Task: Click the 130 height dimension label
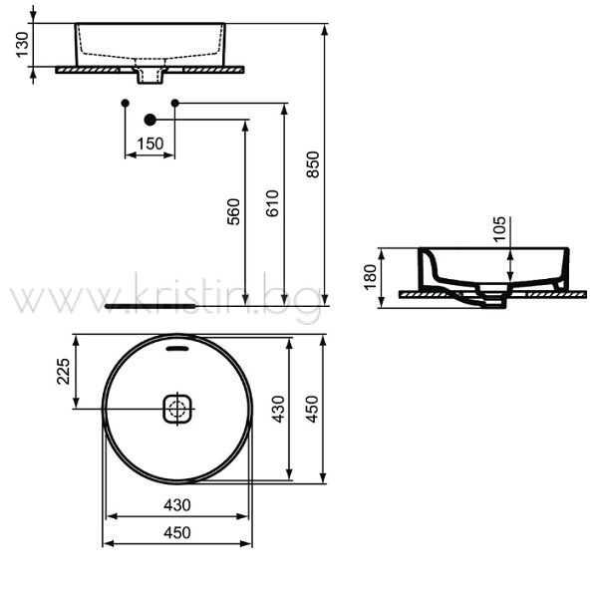pyautogui.click(x=23, y=44)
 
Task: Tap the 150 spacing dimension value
pyautogui.click(x=150, y=144)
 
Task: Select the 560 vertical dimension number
pyautogui.click(x=233, y=211)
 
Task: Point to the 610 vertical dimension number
pyautogui.click(x=272, y=203)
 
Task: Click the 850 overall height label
pyautogui.click(x=313, y=164)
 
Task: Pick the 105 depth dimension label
pyautogui.click(x=499, y=229)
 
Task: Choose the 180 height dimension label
pyautogui.click(x=370, y=277)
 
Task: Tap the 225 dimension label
pyautogui.click(x=64, y=371)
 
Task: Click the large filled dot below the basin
pyautogui.click(x=150, y=120)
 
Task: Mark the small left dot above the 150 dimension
pyautogui.click(x=126, y=103)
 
